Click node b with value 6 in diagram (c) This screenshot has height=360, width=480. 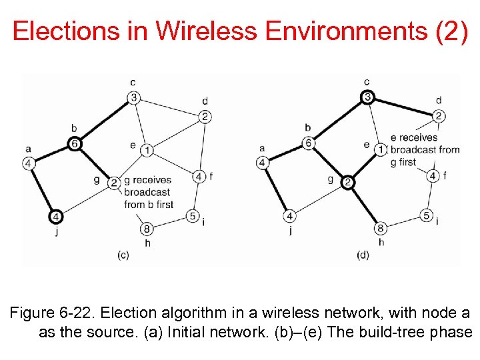click(75, 143)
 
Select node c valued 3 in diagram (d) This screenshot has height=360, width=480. click(367, 97)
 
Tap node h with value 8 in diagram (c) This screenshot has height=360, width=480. click(147, 229)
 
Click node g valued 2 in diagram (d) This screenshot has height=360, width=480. click(347, 182)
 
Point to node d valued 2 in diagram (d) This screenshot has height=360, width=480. click(438, 116)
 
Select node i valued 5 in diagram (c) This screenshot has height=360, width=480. click(193, 215)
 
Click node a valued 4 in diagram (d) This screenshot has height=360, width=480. click(262, 162)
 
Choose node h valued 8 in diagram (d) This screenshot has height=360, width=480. click(381, 229)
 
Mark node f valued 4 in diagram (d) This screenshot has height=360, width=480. click(433, 176)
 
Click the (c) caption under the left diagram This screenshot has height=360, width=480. click(123, 254)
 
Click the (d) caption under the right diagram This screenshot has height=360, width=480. click(363, 254)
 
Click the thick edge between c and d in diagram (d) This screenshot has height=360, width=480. click(403, 107)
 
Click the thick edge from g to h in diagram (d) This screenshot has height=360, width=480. click(364, 205)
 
